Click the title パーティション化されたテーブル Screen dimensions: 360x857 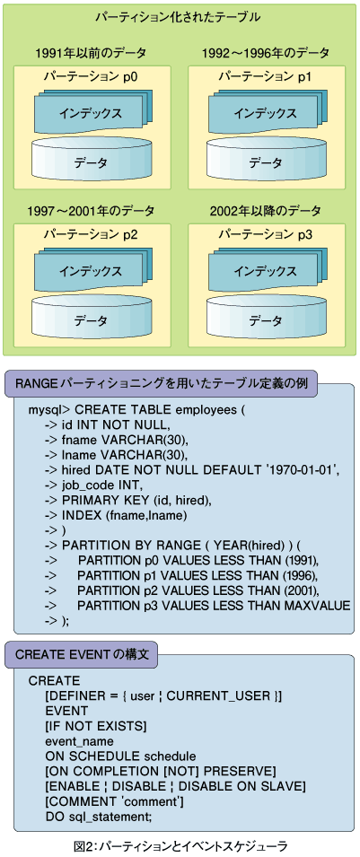(x=178, y=17)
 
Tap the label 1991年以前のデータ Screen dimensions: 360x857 (x=91, y=53)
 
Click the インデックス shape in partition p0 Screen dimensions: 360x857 (x=91, y=112)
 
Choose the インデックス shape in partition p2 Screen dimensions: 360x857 (x=91, y=270)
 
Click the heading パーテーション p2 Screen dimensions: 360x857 (x=91, y=235)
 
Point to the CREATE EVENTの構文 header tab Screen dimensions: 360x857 (x=82, y=654)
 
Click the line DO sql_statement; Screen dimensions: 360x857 (x=99, y=816)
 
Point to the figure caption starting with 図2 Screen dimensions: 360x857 (x=180, y=846)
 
